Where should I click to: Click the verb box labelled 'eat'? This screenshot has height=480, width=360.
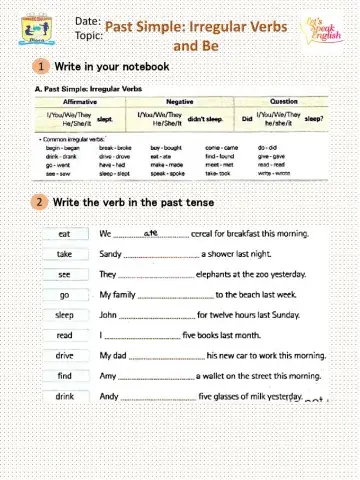(64, 234)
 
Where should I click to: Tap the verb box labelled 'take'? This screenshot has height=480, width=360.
(64, 254)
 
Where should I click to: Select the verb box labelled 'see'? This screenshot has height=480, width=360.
(64, 274)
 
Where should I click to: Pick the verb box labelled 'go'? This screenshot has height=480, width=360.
(64, 295)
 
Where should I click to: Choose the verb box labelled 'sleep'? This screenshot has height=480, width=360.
(64, 315)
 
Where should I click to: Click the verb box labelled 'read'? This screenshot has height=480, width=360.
(64, 335)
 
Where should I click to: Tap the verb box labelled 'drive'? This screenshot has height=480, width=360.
(64, 355)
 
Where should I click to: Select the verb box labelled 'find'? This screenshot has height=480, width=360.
(64, 375)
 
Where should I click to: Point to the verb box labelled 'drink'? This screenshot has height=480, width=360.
(64, 396)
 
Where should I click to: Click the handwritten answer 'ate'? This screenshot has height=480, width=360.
(152, 232)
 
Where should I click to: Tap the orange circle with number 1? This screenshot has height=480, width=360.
(39, 66)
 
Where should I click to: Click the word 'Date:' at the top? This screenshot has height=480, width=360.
(87, 20)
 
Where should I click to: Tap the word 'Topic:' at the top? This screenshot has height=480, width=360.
(88, 35)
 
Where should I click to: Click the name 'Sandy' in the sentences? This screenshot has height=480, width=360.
(111, 255)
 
